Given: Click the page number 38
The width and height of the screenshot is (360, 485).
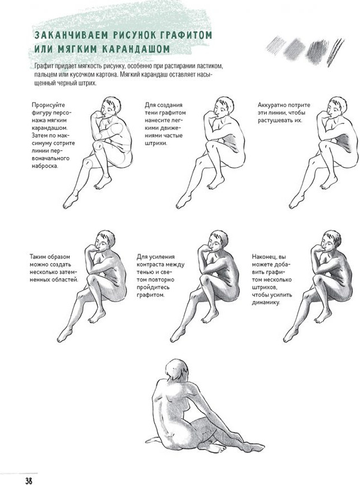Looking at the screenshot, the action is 29,480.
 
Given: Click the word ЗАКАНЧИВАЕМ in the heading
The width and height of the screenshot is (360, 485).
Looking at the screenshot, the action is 71,35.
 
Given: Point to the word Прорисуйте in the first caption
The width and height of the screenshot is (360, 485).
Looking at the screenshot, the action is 48,105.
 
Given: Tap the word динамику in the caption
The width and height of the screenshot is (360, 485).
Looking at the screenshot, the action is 266,303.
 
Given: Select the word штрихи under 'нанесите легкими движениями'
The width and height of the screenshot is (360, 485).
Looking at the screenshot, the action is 155,143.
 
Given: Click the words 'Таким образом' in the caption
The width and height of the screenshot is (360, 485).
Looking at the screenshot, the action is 50,257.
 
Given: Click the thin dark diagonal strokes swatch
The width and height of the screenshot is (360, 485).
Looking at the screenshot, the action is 336,52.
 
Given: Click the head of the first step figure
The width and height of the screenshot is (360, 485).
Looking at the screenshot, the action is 110,106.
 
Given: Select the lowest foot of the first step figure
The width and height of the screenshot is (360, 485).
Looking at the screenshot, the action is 71,201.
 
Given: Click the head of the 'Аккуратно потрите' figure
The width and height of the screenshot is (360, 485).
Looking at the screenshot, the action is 336,106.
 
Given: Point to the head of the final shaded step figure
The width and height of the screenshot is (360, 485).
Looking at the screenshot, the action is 330,240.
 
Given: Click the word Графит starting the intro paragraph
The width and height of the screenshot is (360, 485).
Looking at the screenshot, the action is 44,66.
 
